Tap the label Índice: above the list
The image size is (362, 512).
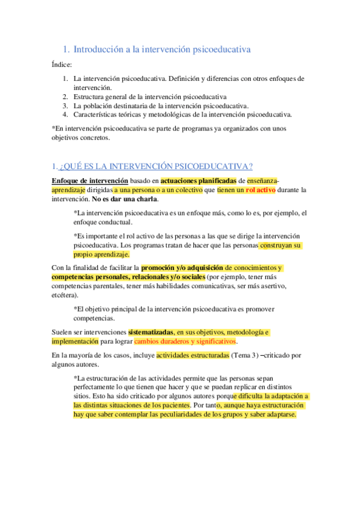(x=62, y=65)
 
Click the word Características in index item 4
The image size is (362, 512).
(x=100, y=114)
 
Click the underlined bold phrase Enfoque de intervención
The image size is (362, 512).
(x=89, y=181)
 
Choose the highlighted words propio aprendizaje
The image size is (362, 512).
(x=101, y=254)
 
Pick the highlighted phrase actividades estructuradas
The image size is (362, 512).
(x=193, y=355)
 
